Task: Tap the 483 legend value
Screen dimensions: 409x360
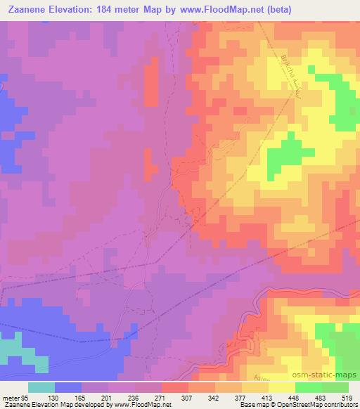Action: [x=321, y=397]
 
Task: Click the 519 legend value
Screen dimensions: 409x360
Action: [x=348, y=397]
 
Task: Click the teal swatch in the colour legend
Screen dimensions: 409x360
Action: [x=41, y=387]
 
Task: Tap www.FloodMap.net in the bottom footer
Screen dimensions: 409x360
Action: [x=141, y=405]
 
